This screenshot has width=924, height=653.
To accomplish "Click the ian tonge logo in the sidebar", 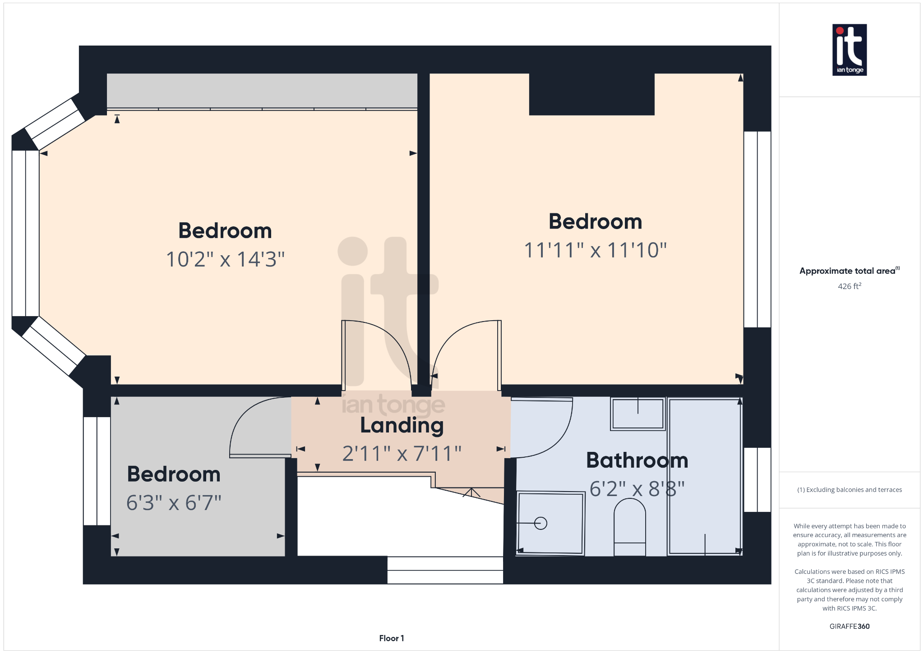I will pos(849,50).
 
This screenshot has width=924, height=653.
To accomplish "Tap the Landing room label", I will pos(402,426).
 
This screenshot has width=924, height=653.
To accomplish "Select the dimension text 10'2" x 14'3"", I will pos(225,259).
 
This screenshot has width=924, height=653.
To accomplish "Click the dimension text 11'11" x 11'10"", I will pos(595,250).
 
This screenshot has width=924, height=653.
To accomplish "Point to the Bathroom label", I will pos(637,460).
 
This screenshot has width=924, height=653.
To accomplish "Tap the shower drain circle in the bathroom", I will pos(541,523).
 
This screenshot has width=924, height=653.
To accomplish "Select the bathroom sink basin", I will pos(638,414).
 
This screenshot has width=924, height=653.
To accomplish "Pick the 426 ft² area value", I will pos(849,286).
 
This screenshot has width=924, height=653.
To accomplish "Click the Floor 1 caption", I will pos(391,638).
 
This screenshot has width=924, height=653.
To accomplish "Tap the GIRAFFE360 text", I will pos(849,626).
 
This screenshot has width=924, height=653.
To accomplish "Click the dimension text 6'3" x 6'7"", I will pos(174,503).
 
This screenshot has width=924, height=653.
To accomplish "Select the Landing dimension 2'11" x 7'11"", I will pos(402,454).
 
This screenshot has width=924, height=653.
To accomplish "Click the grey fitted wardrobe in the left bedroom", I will pos(262,90).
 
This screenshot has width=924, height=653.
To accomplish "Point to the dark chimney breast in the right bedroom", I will pos(591,94).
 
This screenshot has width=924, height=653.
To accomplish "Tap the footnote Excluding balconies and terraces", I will pos(849,490).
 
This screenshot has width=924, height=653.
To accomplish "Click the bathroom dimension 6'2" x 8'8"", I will pos(637,489).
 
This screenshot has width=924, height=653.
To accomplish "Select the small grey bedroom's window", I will pos(97,471).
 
